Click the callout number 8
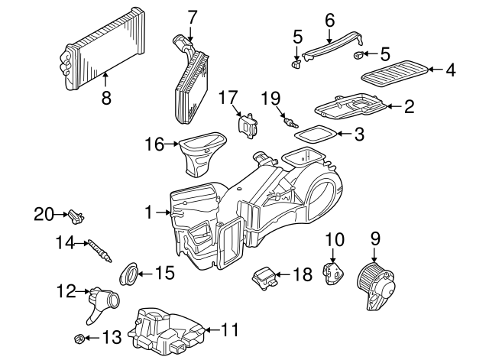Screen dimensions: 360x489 [x=105, y=97]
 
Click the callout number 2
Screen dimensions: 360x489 [x=409, y=107]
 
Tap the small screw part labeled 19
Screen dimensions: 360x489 [x=290, y=122]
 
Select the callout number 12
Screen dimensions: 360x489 [x=66, y=290]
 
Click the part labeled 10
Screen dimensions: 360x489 [x=333, y=272]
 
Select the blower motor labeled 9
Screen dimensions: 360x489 [x=377, y=287]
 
